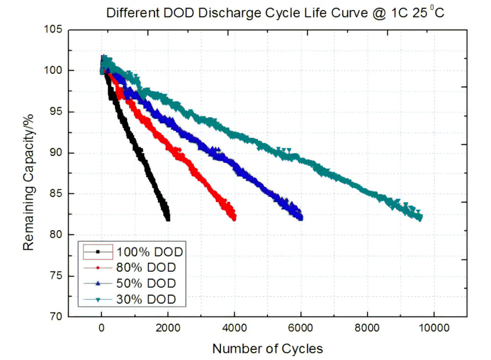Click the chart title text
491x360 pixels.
click(275, 13)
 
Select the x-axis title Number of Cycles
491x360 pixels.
click(267, 349)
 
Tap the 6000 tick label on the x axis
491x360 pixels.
click(301, 328)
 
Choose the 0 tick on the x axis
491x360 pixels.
click(101, 328)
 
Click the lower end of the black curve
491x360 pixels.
click(167, 218)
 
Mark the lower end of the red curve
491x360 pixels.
click(234, 218)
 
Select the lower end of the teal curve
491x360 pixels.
click(420, 218)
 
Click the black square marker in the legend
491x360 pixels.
click(97, 252)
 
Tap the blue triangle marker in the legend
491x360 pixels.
click(97, 283)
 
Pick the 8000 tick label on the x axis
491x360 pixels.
click(367, 328)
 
